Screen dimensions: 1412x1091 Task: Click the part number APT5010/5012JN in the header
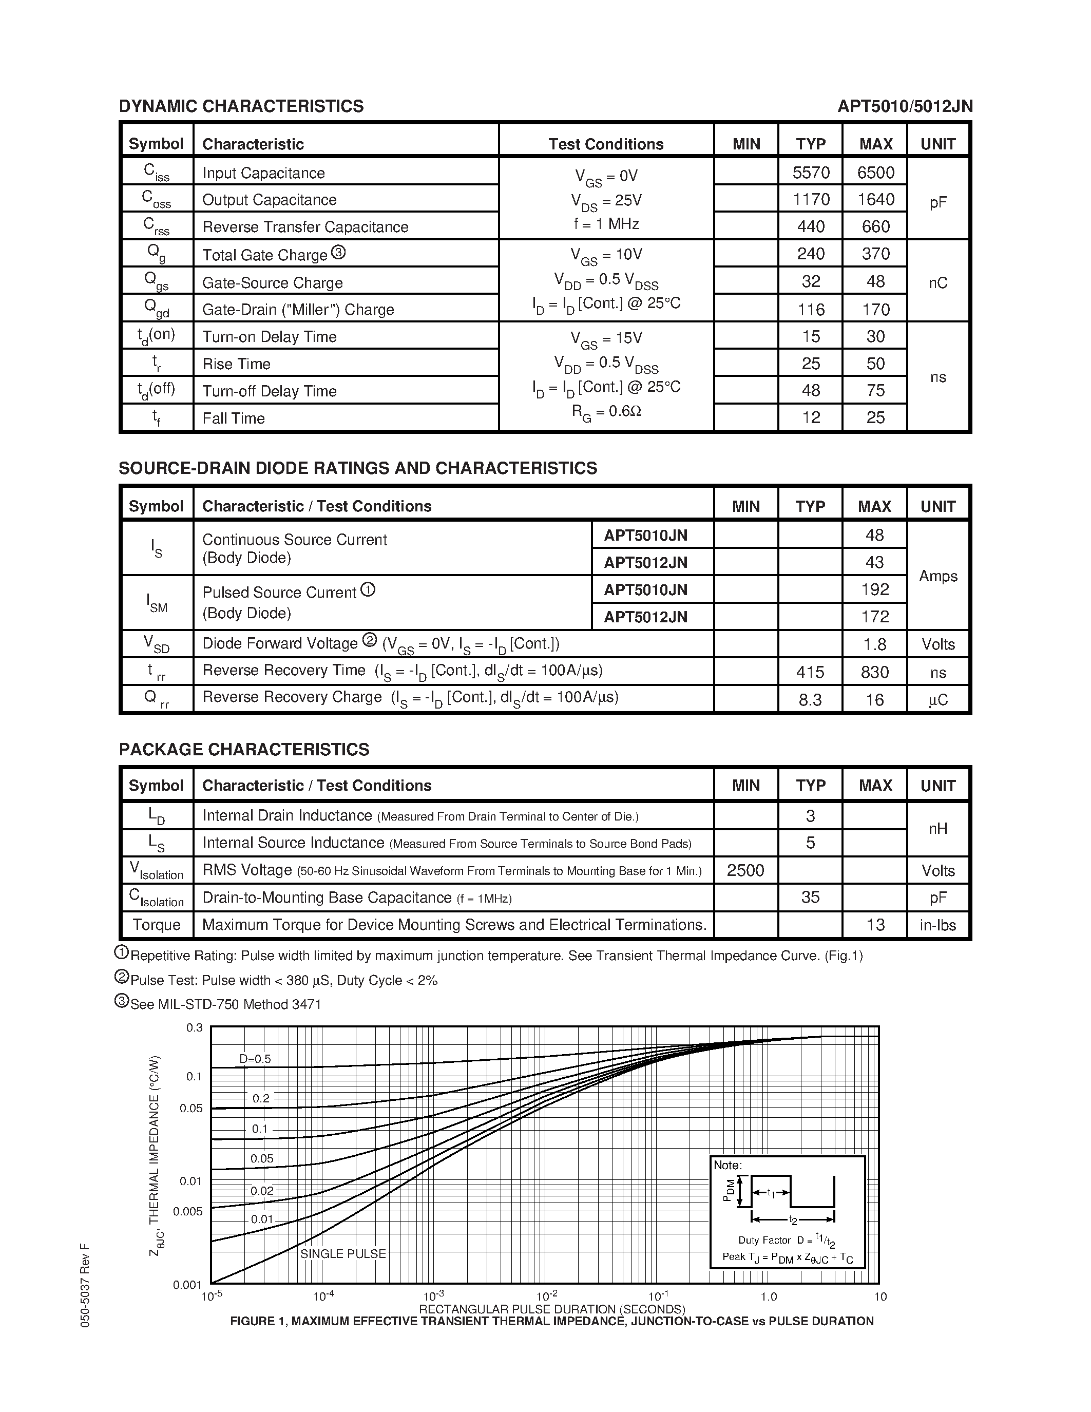pyautogui.click(x=904, y=106)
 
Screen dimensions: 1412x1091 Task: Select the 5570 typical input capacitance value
pyautogui.click(x=811, y=173)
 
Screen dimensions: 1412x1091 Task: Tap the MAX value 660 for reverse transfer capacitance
pyautogui.click(x=875, y=227)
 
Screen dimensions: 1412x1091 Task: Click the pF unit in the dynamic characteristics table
pyautogui.click(x=938, y=202)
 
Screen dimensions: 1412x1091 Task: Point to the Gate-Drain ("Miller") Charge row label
pyautogui.click(x=298, y=310)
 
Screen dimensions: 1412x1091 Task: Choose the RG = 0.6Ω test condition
pyautogui.click(x=606, y=411)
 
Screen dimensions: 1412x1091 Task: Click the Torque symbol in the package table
pyautogui.click(x=157, y=925)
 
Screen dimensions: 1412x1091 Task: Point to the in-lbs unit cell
pyautogui.click(x=938, y=925)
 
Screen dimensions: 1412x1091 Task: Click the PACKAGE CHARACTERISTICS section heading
pyautogui.click(x=244, y=749)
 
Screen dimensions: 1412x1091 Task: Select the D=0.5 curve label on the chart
pyautogui.click(x=255, y=1059)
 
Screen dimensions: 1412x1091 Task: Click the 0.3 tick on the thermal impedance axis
pyautogui.click(x=194, y=1028)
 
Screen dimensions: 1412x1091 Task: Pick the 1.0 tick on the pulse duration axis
pyautogui.click(x=768, y=1296)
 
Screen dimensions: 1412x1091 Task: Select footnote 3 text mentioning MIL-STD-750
pyautogui.click(x=225, y=1004)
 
